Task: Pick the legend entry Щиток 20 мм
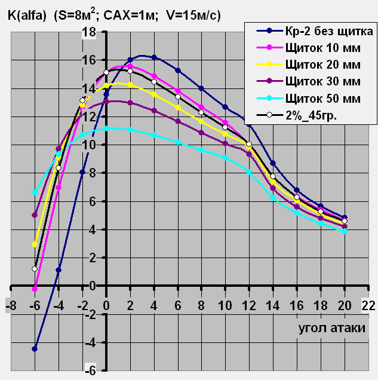coord(323,63)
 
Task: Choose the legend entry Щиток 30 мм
coord(323,80)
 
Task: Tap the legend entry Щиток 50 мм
coord(323,97)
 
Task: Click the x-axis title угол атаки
coord(331,329)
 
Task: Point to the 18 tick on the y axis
coord(89,32)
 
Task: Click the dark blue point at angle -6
coord(35,349)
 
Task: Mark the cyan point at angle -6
coord(35,192)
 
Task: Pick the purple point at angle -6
coord(35,215)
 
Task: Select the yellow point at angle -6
coord(35,244)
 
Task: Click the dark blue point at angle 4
coord(154,57)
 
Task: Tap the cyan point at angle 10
coord(225,158)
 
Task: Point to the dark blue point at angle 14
coord(273,163)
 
